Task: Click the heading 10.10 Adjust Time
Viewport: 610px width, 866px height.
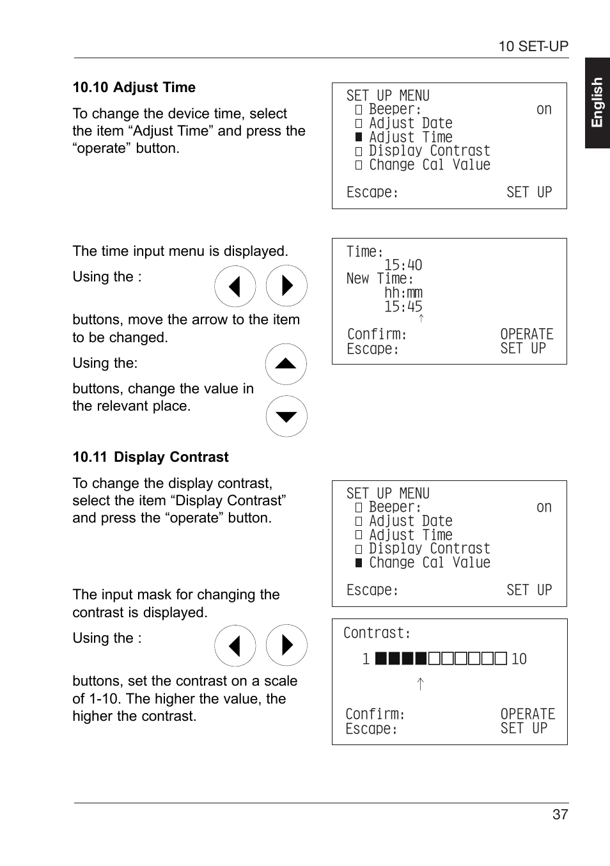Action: [x=134, y=88]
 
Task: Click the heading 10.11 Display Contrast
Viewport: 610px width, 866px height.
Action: [x=150, y=457]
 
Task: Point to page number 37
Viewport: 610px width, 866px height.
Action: [x=560, y=814]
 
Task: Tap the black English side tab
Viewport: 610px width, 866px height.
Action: [x=597, y=103]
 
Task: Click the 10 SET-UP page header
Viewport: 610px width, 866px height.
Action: [x=533, y=46]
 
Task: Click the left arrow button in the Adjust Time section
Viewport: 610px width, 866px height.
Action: [x=235, y=286]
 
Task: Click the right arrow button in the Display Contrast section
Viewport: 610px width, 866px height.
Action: [x=286, y=645]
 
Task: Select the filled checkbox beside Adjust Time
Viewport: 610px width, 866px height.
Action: [x=359, y=138]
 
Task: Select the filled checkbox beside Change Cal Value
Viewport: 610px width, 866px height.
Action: [x=359, y=563]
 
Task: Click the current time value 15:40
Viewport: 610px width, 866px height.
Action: [x=403, y=265]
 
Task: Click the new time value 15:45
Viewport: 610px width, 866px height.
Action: [x=403, y=307]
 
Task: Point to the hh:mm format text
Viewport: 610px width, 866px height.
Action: [x=403, y=293]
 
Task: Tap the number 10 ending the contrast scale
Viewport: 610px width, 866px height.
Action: [x=519, y=659]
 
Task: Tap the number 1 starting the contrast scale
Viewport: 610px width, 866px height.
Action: [x=366, y=659]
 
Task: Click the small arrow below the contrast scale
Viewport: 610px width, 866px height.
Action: [x=420, y=684]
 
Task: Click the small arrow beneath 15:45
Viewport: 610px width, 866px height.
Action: [x=421, y=318]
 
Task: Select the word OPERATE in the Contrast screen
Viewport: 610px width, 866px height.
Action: [x=528, y=714]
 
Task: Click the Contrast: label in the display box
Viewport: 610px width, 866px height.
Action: [x=377, y=633]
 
